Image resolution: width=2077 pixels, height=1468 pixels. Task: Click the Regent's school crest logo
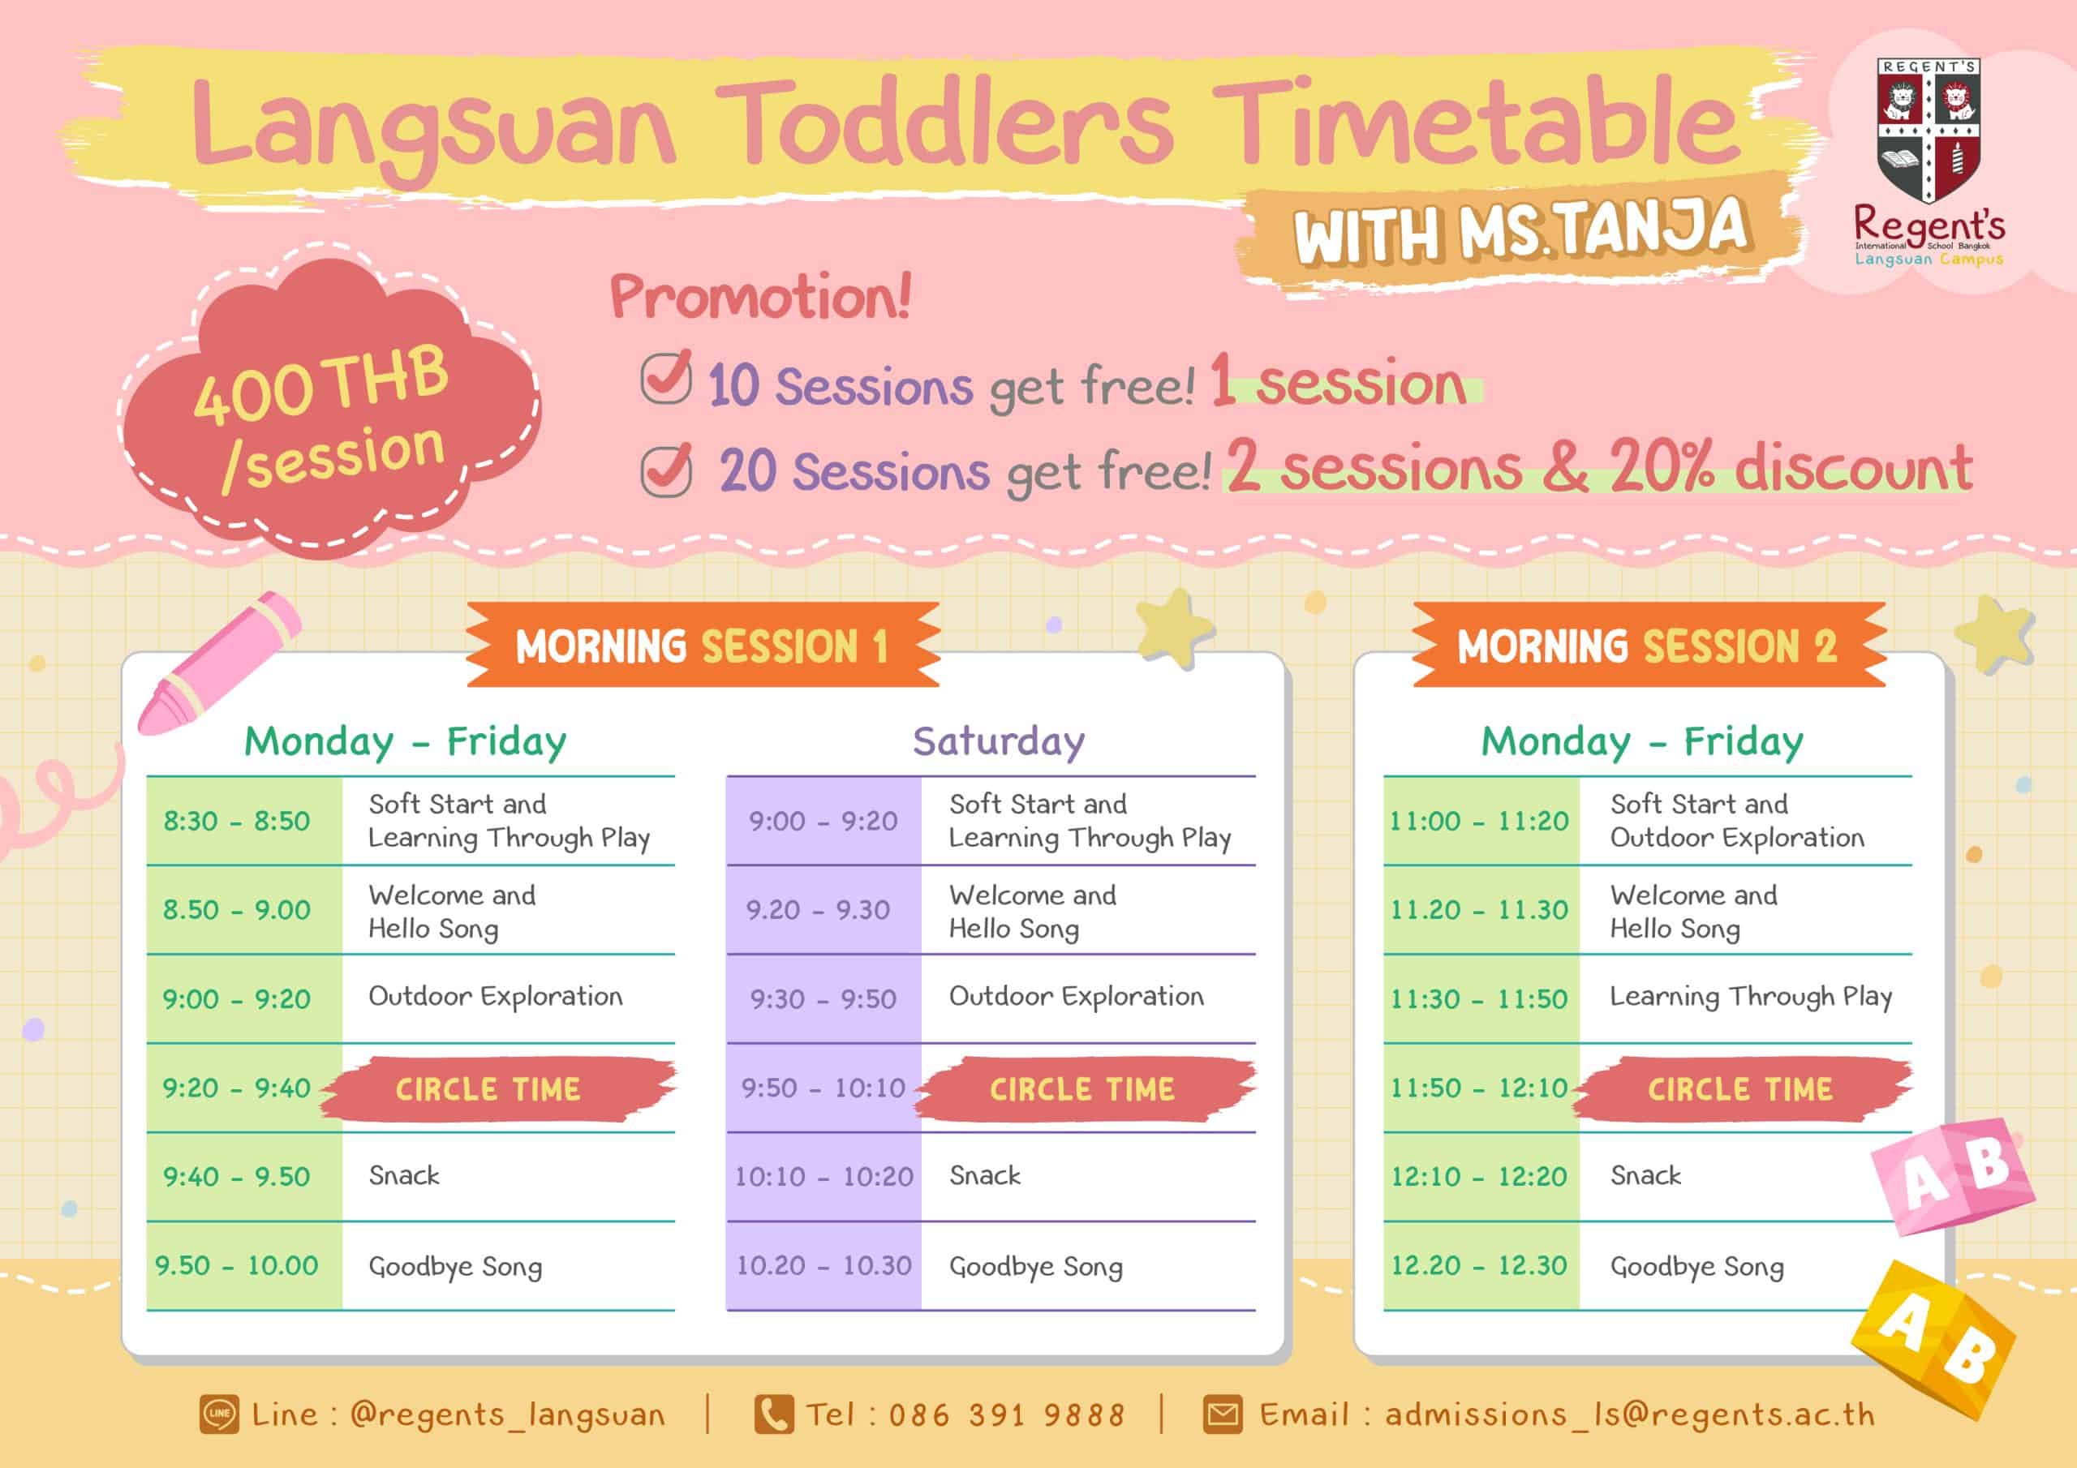(1929, 132)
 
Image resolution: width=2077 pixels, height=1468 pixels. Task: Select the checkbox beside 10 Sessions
(666, 377)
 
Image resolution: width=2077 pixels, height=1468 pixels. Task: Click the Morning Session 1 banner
(703, 645)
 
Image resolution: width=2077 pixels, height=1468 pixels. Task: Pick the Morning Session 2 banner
(1648, 645)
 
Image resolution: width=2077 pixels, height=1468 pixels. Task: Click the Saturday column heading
(999, 741)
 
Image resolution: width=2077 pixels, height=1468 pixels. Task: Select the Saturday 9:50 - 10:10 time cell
(823, 1087)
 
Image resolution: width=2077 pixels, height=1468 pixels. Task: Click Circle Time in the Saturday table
(1083, 1089)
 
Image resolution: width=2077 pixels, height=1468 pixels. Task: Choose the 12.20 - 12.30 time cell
(1480, 1265)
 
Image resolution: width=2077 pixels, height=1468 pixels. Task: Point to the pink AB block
(1954, 1176)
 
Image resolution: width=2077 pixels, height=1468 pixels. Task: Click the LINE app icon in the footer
(220, 1414)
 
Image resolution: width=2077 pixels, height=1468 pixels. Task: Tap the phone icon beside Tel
(773, 1414)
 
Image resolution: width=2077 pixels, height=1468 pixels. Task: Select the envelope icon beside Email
(1223, 1414)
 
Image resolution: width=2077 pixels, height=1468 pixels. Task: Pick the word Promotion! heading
(761, 296)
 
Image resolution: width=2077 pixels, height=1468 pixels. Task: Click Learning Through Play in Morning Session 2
(1750, 997)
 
